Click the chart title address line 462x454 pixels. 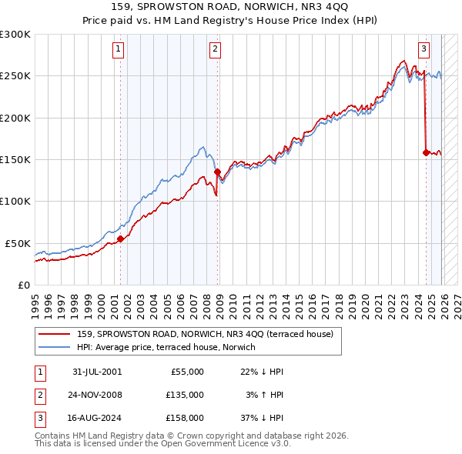tap(230, 8)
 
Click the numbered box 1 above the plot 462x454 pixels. tap(118, 49)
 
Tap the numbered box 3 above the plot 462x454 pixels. tap(424, 49)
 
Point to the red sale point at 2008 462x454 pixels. tap(217, 172)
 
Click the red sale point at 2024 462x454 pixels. tap(426, 152)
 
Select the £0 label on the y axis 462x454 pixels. tap(23, 285)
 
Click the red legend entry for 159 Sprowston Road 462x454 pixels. tap(205, 334)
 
